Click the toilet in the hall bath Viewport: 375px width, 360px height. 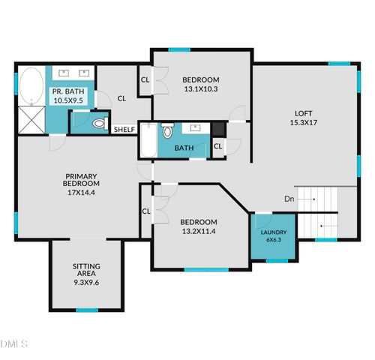(167, 132)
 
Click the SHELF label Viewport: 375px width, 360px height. (124, 130)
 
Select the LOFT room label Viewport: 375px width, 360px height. (302, 113)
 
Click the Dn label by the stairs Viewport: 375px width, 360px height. (289, 199)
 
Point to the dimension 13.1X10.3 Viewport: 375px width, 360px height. (200, 89)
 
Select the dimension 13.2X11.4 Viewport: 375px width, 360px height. (199, 231)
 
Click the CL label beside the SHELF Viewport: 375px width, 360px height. (121, 97)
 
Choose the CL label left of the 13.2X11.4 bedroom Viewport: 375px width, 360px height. (146, 211)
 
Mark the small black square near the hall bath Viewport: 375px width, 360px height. (217, 129)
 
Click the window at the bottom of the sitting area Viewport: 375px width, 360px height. (86, 309)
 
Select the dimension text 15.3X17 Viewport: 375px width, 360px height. (302, 123)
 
